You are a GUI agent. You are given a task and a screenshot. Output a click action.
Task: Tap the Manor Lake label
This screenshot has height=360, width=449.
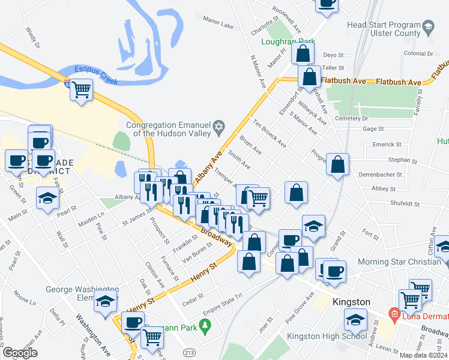(218, 25)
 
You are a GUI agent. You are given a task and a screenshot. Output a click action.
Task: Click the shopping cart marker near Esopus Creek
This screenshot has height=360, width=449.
(81, 91)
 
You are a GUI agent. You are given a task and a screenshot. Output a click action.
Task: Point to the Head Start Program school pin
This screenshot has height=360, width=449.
(428, 26)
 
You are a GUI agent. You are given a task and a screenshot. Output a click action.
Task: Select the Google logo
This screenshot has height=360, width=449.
(20, 353)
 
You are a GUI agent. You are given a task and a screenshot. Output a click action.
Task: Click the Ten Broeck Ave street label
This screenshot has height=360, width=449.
(269, 134)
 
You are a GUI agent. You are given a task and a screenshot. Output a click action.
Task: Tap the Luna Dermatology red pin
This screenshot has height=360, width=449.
(394, 313)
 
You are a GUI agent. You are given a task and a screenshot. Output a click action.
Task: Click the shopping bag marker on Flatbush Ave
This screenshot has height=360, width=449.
(310, 78)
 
